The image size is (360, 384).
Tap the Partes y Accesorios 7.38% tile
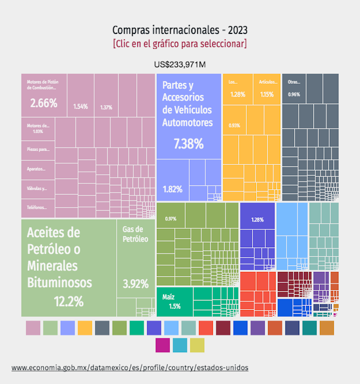tap(188, 116)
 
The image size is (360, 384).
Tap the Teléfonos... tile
tap(37, 208)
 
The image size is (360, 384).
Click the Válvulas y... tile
tap(37, 188)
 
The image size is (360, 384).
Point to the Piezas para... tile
tap(37, 150)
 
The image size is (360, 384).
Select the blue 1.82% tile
tap(172, 180)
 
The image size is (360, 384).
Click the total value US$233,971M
tap(180, 65)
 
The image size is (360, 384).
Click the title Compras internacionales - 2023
tap(180, 30)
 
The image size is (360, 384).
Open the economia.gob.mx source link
tap(130, 368)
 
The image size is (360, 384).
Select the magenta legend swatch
tap(163, 345)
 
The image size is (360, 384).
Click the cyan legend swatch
tap(180, 345)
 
